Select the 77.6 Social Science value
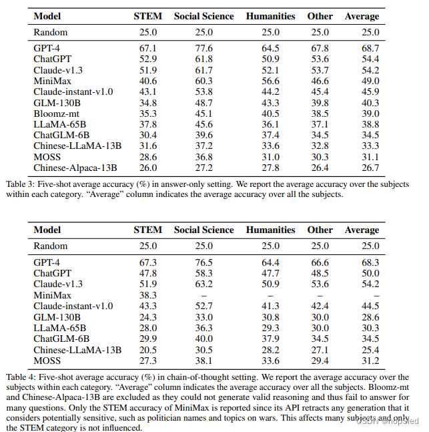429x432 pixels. point(203,49)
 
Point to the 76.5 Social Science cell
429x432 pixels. point(203,263)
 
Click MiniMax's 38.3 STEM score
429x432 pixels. point(147,295)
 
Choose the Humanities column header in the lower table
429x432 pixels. point(270,230)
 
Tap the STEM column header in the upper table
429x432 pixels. point(147,15)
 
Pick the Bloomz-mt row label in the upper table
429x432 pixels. point(60,114)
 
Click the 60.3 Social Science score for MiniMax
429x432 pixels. point(203,81)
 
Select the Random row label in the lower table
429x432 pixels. point(51,246)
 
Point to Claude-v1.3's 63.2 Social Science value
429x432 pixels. point(203,284)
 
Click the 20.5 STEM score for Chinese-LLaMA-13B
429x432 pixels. point(147,349)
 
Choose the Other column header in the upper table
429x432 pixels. point(320,15)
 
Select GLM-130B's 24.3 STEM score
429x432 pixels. point(147,317)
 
